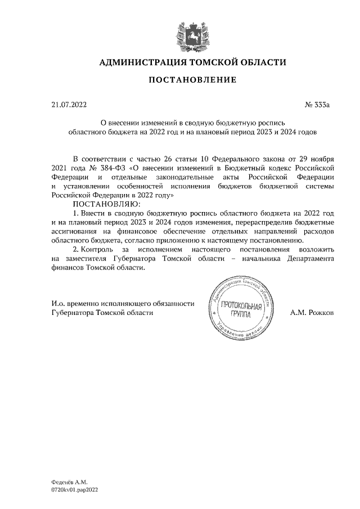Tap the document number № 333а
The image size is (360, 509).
click(319, 104)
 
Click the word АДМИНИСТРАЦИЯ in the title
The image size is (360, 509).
click(142, 62)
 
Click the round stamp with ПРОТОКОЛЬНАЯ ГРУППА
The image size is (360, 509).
click(242, 310)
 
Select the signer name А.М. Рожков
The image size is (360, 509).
click(312, 311)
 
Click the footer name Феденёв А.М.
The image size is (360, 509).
click(66, 482)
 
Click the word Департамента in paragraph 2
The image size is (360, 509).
click(309, 259)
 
